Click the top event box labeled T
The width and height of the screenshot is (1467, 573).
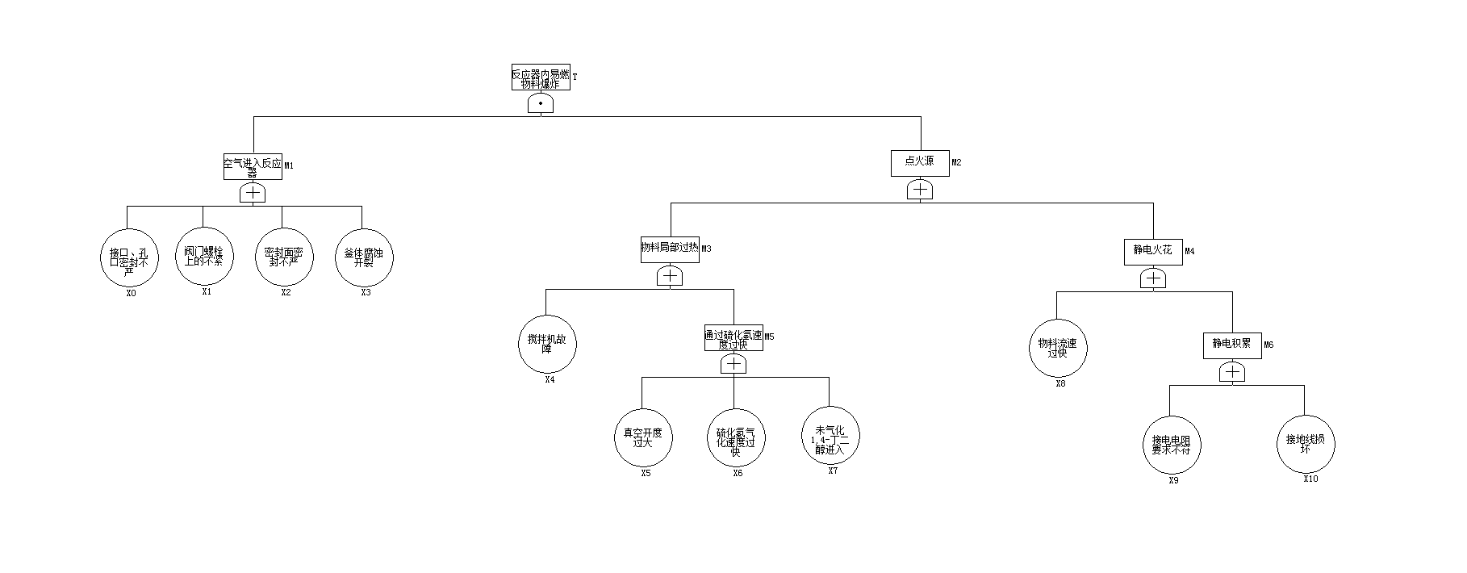click(x=541, y=77)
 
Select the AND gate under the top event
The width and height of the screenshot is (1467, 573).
click(x=541, y=103)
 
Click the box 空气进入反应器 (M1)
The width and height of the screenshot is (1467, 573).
click(x=253, y=166)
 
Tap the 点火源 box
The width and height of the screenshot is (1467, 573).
click(x=920, y=162)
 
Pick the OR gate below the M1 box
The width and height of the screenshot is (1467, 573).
click(x=253, y=193)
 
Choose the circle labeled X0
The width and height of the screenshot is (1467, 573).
click(x=127, y=257)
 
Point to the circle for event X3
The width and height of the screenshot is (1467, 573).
click(x=363, y=257)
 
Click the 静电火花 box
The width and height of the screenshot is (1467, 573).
click(x=1152, y=251)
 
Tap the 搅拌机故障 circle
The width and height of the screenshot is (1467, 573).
click(x=547, y=344)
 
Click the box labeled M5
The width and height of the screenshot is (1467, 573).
click(x=733, y=338)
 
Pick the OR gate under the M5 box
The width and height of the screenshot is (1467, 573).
click(x=733, y=364)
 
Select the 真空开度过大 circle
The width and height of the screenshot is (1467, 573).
click(x=642, y=438)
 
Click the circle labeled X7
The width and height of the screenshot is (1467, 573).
click(x=830, y=436)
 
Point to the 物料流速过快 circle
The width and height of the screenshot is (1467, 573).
click(x=1057, y=348)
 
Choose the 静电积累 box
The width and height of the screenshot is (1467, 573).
click(x=1231, y=345)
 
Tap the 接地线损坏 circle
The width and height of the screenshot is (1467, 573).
click(x=1305, y=443)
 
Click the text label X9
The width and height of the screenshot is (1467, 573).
click(x=1173, y=481)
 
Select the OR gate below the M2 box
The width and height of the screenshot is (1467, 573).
click(x=920, y=190)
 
